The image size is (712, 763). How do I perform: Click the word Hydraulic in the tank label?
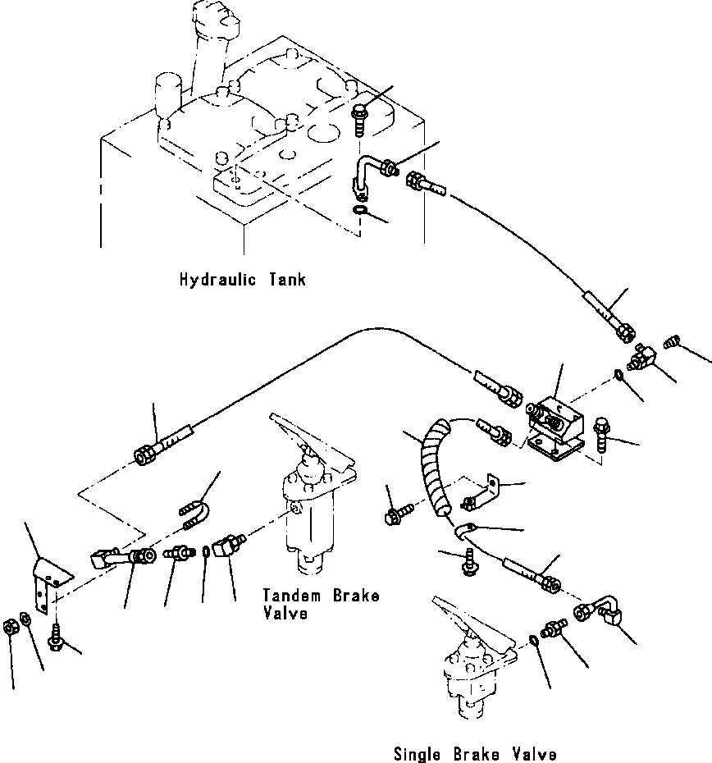217,280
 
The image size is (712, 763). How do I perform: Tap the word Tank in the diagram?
288,279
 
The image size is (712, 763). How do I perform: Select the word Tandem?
292,595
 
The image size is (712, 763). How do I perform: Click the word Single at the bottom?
417,754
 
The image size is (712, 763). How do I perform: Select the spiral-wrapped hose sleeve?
434,466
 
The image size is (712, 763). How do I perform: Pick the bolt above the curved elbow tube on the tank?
359,120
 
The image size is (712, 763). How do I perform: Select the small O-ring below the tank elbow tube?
360,210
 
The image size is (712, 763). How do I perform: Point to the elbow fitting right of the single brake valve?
598,610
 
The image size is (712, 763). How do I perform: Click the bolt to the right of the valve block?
602,435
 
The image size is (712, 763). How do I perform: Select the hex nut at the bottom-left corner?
10,627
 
